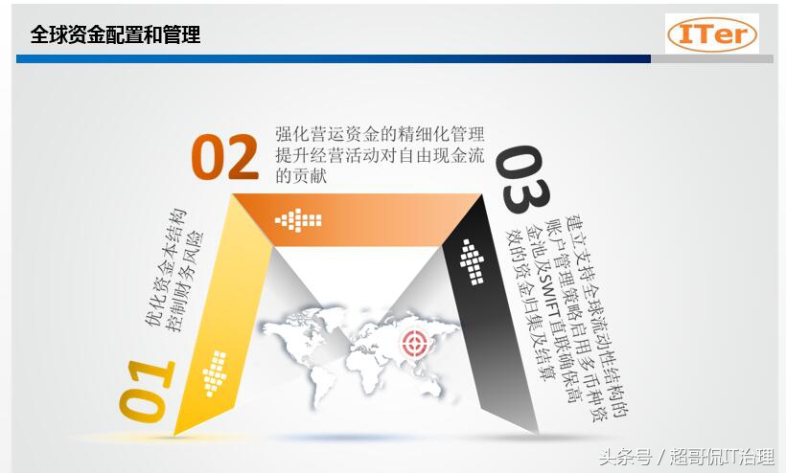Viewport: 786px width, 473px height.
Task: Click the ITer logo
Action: pyautogui.click(x=712, y=34)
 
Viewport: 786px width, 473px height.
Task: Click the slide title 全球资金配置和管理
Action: pyautogui.click(x=115, y=34)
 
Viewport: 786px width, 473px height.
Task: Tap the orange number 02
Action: pyautogui.click(x=225, y=157)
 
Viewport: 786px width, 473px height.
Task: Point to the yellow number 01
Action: pyautogui.click(x=147, y=390)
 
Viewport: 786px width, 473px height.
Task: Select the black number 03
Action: pyautogui.click(x=522, y=179)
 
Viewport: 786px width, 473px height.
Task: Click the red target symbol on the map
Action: pyautogui.click(x=415, y=343)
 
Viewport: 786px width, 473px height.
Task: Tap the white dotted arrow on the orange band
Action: pyautogui.click(x=298, y=220)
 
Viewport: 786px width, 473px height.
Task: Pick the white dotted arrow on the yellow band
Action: pyautogui.click(x=215, y=373)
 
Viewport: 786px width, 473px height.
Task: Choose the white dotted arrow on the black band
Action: pyautogui.click(x=472, y=261)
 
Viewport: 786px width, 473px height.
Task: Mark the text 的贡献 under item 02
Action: pyautogui.click(x=301, y=176)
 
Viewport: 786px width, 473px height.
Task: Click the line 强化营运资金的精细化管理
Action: pyautogui.click(x=380, y=134)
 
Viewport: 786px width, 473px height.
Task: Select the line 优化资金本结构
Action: pyautogui.click(x=166, y=267)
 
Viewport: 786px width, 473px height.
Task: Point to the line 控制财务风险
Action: pyautogui.click(x=185, y=282)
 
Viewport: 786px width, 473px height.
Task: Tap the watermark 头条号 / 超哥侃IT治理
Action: pyautogui.click(x=686, y=457)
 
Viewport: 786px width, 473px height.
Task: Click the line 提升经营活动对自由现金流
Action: pyautogui.click(x=380, y=155)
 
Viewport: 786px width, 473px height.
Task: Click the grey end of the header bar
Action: pyautogui.click(x=712, y=59)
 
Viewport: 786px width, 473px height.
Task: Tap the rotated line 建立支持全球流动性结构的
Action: pyautogui.click(x=597, y=316)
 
